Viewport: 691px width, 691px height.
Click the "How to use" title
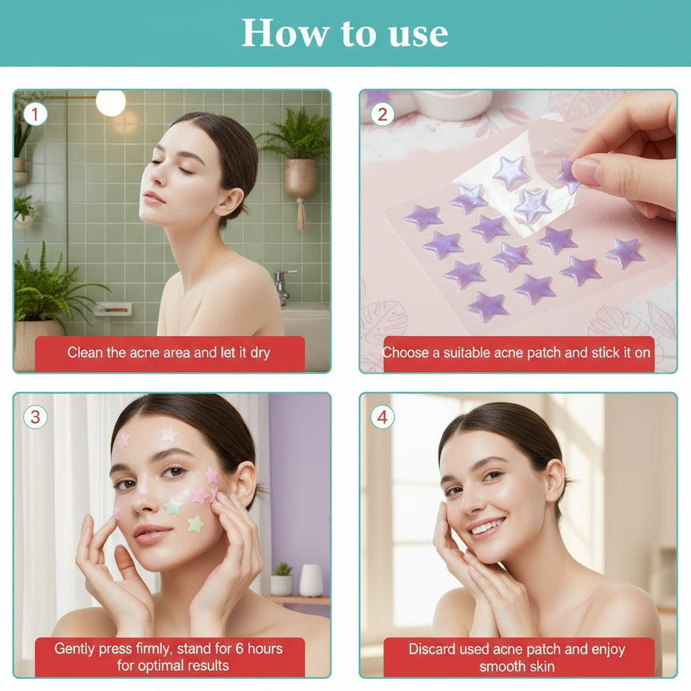pos(345,32)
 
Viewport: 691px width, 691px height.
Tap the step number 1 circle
pos(35,114)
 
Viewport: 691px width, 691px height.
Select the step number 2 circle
pos(382,114)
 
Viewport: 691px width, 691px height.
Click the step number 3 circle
pos(35,417)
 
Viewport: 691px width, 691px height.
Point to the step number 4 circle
pos(382,417)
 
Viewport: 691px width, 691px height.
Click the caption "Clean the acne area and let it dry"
pos(169,353)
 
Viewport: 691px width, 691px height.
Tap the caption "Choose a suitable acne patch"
pos(517,353)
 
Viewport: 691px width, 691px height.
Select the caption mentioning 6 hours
pos(169,657)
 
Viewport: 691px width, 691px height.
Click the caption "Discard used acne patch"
pos(517,657)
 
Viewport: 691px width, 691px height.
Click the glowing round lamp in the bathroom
pos(111,103)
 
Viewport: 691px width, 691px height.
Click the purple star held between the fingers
pos(567,175)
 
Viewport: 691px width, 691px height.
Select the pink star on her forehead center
pos(169,435)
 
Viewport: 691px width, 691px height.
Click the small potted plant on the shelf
pos(281,579)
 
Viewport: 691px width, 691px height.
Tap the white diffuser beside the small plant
pos(310,580)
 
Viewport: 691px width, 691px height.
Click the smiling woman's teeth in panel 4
pos(487,527)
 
